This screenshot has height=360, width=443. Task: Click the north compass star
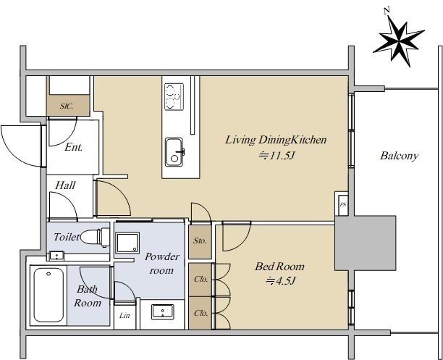(399, 41)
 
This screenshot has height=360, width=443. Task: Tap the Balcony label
(399, 156)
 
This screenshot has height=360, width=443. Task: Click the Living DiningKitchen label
(276, 140)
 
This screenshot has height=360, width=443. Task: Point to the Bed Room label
(279, 267)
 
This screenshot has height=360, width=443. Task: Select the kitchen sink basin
(174, 152)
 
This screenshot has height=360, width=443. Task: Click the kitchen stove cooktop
(174, 97)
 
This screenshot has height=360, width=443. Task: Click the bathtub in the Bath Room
(48, 295)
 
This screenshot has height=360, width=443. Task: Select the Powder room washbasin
(162, 312)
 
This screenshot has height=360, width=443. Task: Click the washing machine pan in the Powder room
(128, 243)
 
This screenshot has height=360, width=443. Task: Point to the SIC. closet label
(67, 106)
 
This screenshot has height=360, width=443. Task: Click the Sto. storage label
(200, 241)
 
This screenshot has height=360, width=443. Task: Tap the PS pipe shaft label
(343, 205)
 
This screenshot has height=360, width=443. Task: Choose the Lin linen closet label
(125, 315)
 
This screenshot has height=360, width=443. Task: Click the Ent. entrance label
(73, 147)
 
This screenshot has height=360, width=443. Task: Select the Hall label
(65, 185)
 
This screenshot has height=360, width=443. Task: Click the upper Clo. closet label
(201, 279)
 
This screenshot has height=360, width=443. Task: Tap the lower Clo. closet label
(201, 313)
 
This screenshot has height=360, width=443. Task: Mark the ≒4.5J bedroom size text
(281, 281)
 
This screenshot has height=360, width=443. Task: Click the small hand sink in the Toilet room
(57, 256)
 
